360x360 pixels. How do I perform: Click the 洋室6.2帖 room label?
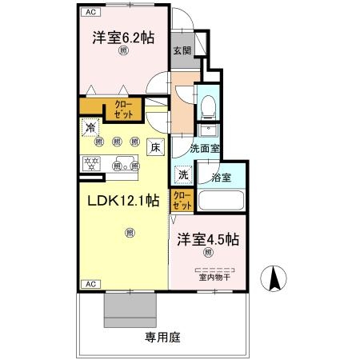click(122, 37)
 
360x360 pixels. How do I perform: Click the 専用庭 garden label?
click(162, 337)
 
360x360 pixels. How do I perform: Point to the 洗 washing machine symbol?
click(183, 175)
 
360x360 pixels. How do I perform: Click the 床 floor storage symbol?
click(155, 147)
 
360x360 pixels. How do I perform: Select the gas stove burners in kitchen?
click(90, 164)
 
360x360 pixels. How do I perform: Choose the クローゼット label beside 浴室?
click(182, 198)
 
